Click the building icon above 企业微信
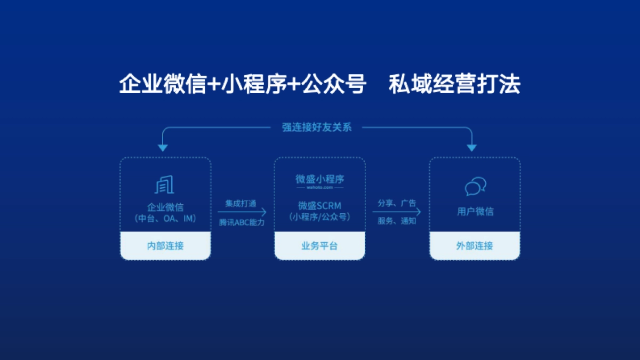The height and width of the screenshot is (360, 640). tap(165, 185)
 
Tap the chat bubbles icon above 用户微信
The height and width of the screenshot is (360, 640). tap(475, 186)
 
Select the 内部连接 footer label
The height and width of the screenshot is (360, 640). tap(165, 246)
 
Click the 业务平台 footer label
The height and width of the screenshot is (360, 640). tap(319, 246)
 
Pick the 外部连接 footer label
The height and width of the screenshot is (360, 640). tap(475, 246)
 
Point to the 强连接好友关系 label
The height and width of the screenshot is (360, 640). tap(317, 127)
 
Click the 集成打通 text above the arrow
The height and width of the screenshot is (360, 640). tap(241, 203)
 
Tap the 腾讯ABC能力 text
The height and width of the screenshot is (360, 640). tap(241, 221)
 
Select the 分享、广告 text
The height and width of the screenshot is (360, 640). tap(397, 203)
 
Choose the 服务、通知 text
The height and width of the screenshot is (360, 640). tap(397, 221)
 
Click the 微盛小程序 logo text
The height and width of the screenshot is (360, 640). tap(320, 179)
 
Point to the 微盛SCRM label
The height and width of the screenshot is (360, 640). tap(319, 205)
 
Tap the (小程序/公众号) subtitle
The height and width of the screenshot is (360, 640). tap(319, 217)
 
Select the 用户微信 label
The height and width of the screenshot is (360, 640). tap(475, 212)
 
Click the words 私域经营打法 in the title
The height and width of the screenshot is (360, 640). tap(454, 85)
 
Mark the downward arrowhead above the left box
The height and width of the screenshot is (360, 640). tap(163, 148)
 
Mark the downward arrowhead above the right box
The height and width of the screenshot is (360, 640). tap(472, 148)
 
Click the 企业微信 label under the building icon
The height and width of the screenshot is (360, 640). tap(165, 207)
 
